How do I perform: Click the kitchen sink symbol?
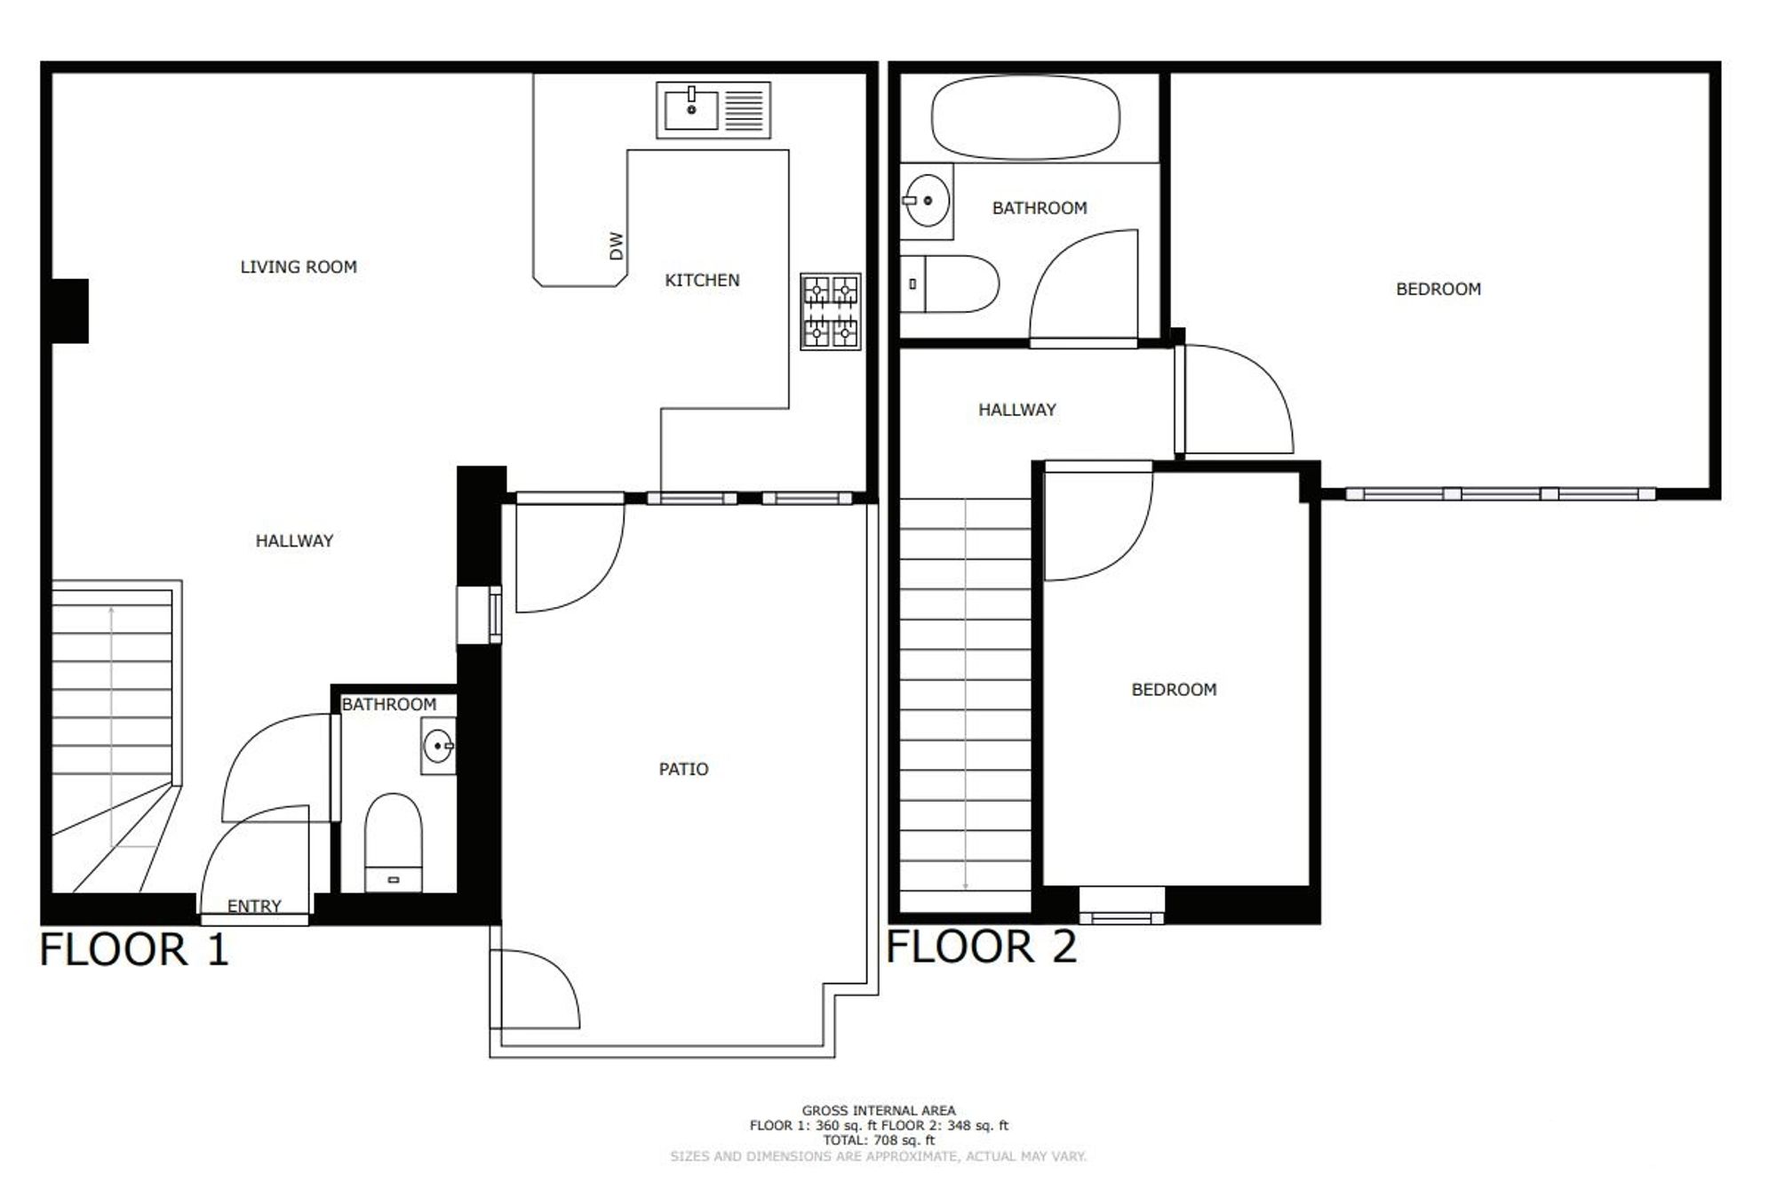click(713, 110)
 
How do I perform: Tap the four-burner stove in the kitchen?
click(831, 311)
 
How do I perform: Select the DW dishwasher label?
click(617, 246)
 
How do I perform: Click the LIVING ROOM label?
click(299, 267)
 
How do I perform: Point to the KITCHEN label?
click(702, 281)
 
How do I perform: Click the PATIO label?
click(683, 770)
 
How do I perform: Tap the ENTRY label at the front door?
click(254, 906)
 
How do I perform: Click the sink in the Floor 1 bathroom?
click(438, 746)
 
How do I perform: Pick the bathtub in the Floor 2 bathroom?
click(1025, 117)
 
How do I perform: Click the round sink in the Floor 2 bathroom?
click(926, 201)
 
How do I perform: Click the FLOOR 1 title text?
click(134, 949)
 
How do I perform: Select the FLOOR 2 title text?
click(982, 946)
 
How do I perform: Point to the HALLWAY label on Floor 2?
click(1017, 410)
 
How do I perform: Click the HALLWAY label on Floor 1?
click(294, 540)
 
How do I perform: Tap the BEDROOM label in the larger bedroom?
click(1438, 289)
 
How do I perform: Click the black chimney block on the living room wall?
click(69, 311)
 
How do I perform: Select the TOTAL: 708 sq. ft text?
click(879, 1140)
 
